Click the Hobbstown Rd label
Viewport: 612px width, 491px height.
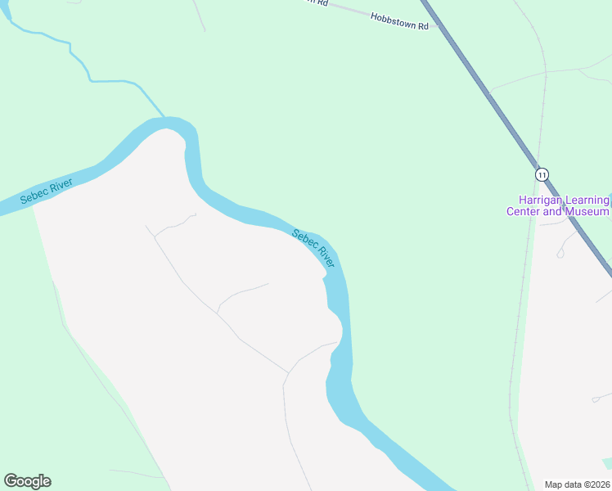pos(399,20)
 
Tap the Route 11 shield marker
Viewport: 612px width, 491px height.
pos(542,173)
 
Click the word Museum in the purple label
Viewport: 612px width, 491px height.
pos(588,212)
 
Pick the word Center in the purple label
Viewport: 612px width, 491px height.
pos(523,212)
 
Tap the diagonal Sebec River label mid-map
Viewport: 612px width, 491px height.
pos(314,248)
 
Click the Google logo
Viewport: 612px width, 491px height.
pos(27,481)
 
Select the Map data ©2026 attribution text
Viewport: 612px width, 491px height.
pos(577,484)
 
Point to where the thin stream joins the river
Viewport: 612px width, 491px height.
pos(165,119)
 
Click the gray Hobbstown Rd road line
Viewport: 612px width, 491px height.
pos(352,10)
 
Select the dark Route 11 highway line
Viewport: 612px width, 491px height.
pos(491,98)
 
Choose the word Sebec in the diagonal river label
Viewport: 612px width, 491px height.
pos(304,239)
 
